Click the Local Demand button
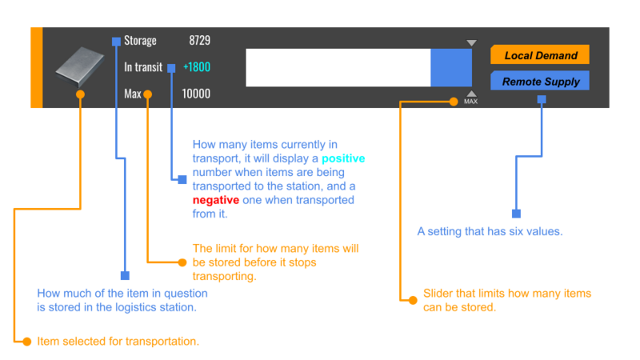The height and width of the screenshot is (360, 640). pyautogui.click(x=539, y=54)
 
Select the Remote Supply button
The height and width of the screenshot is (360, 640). pyautogui.click(x=539, y=81)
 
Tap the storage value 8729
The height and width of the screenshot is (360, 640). pyautogui.click(x=199, y=41)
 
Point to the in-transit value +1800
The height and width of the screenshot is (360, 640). pyautogui.click(x=197, y=67)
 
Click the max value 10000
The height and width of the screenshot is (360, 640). pyautogui.click(x=196, y=94)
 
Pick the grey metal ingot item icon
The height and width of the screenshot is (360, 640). pyautogui.click(x=79, y=66)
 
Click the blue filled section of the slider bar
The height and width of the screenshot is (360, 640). pyautogui.click(x=451, y=68)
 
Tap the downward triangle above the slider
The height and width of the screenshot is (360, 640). pyautogui.click(x=471, y=43)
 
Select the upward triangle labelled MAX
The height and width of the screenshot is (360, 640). pyautogui.click(x=471, y=94)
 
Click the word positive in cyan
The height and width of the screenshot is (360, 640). pyautogui.click(x=343, y=158)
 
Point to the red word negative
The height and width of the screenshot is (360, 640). pyautogui.click(x=215, y=200)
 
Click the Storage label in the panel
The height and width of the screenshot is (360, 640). pyautogui.click(x=140, y=41)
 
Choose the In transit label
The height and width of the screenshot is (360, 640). pyautogui.click(x=143, y=67)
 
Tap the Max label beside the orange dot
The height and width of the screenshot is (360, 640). pyautogui.click(x=133, y=94)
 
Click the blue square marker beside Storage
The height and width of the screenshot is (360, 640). pyautogui.click(x=116, y=42)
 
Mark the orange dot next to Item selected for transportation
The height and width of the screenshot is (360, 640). pyautogui.click(x=27, y=342)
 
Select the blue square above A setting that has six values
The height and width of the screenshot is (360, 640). pyautogui.click(x=516, y=214)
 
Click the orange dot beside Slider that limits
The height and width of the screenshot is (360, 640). pyautogui.click(x=413, y=301)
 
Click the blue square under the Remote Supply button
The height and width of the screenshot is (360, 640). pyautogui.click(x=542, y=99)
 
